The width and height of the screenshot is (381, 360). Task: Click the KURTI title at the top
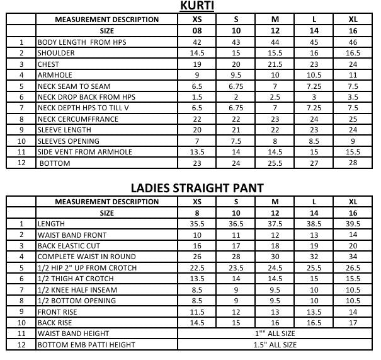196,7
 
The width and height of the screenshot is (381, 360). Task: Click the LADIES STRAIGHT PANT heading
196,188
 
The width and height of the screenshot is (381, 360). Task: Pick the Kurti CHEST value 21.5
275,64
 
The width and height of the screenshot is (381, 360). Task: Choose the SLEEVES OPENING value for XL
353,141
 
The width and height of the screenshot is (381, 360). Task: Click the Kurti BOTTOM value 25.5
275,163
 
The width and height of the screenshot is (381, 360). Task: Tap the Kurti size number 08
197,30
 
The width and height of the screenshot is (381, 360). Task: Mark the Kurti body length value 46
353,42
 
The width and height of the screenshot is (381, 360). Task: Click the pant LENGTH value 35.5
197,224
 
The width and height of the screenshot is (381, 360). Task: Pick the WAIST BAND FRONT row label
72,235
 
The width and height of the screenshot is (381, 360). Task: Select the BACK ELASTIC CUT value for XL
353,246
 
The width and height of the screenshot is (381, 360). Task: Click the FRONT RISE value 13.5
314,311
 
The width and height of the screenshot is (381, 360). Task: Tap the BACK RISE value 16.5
314,323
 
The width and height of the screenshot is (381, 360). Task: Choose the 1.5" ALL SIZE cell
275,345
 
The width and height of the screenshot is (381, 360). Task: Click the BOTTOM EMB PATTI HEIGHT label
86,345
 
